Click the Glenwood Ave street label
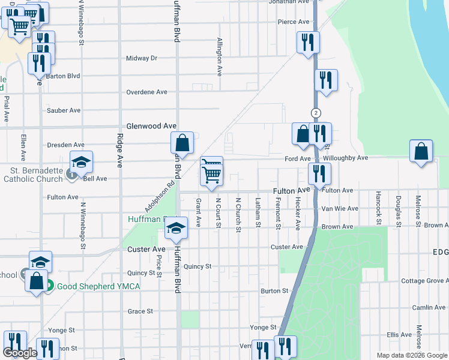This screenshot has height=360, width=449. click(151, 127)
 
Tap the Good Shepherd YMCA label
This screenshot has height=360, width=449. click(98, 286)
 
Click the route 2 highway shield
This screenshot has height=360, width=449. click(316, 113)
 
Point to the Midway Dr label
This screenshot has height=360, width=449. click(142, 58)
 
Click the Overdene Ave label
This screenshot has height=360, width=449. click(147, 92)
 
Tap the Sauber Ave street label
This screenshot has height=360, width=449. click(64, 110)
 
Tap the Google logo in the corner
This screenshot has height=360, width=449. click(20, 353)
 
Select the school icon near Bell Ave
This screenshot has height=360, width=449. click(81, 161)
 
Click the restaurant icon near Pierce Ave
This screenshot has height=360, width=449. click(307, 41)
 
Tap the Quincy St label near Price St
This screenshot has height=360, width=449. click(142, 272)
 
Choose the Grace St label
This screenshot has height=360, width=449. click(140, 311)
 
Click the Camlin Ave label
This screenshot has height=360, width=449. click(429, 307)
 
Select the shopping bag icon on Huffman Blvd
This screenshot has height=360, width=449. click(182, 143)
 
